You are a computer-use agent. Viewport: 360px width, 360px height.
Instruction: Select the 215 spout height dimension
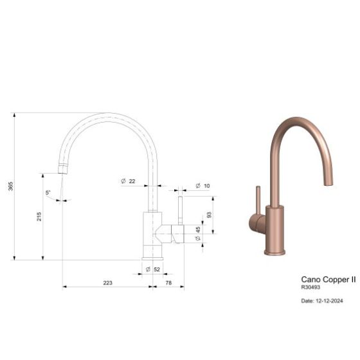39,217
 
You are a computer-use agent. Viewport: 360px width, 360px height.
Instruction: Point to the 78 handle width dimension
168,282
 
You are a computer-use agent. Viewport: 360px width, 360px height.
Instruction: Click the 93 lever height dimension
209,215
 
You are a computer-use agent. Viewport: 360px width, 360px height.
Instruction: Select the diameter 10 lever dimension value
206,186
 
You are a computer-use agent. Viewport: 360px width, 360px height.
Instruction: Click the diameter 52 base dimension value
157,269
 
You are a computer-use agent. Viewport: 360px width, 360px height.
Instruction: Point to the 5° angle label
48,192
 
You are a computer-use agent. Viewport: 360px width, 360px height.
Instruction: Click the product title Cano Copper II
328,280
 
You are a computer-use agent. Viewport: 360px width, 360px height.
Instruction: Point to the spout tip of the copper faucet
330,182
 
